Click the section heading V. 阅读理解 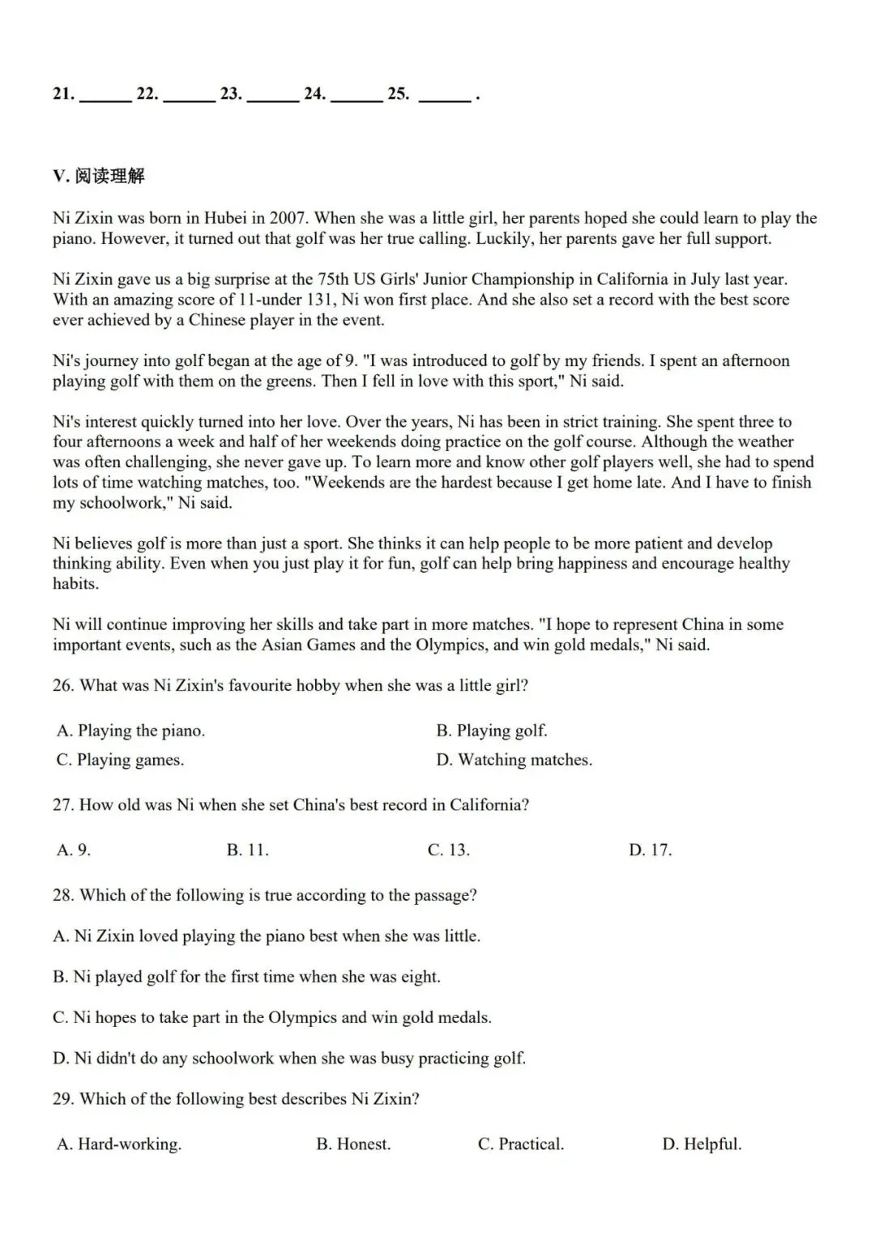point(98,176)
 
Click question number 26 point(63,685)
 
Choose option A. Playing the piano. point(130,731)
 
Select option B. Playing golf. point(492,731)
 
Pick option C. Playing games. point(120,760)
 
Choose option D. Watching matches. point(514,760)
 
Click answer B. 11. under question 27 point(247,850)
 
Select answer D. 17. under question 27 point(650,850)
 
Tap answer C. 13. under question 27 point(448,850)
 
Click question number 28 point(63,895)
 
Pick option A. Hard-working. point(119,1144)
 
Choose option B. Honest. point(353,1144)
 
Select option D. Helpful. point(702,1144)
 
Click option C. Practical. point(521,1144)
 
